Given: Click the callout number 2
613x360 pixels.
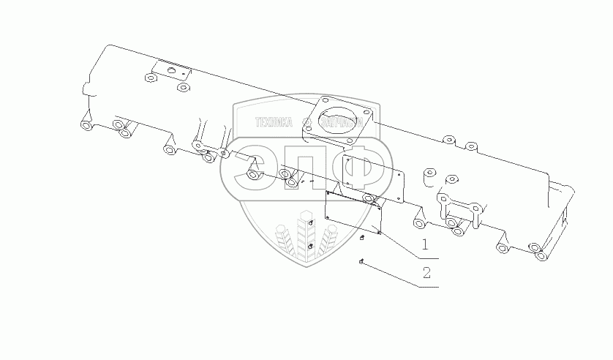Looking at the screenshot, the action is click(x=426, y=274).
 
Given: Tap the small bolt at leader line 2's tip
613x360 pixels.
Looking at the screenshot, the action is click(x=361, y=261).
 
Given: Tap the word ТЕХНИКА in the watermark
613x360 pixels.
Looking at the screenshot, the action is click(x=273, y=123).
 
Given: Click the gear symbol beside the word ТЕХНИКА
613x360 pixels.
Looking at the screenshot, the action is click(x=305, y=123).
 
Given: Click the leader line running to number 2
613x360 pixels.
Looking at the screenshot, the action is click(x=395, y=275).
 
